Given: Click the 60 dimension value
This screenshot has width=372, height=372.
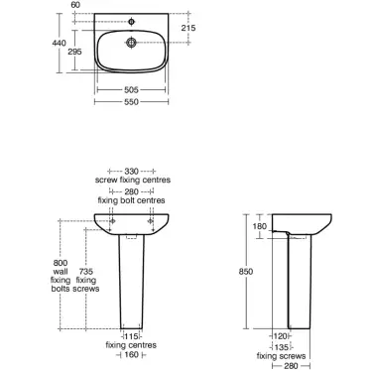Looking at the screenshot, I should pos(102,5).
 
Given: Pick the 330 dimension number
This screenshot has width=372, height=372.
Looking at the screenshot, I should pos(131,172).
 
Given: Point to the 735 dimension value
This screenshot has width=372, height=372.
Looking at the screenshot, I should pos(87,271).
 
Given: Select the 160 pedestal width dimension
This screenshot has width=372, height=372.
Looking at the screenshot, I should pos(131,355).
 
